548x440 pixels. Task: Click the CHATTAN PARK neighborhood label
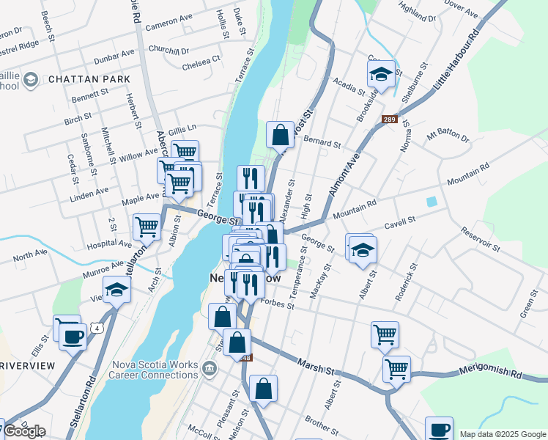pos(89,79)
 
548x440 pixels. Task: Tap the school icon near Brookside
pos(381,74)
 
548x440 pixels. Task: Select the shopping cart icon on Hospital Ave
pos(147,227)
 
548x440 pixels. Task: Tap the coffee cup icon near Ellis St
pos(73,337)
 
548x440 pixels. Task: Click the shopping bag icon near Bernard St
pos(280,135)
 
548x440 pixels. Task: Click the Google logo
pos(24,431)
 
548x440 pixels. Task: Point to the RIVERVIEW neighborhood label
pos(27,365)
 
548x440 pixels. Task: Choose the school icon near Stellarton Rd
pos(116,290)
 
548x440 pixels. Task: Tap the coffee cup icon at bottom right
pos(440,430)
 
